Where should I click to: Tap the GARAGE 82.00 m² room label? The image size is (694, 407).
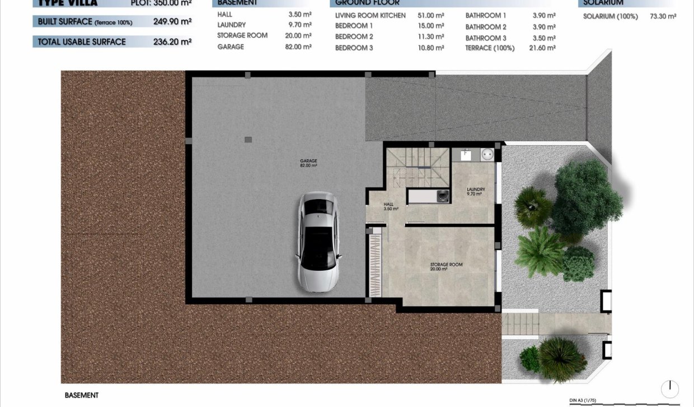308,163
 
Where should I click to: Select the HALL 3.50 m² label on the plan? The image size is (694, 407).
390,206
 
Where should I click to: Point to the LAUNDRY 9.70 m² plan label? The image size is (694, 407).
476,191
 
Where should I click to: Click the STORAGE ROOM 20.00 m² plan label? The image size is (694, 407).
446,266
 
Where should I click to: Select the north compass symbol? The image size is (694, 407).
669,389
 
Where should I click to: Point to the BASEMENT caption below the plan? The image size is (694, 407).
82,395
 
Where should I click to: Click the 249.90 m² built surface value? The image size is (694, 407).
172,22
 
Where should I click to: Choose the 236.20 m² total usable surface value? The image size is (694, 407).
172,41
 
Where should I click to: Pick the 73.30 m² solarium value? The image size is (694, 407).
663,16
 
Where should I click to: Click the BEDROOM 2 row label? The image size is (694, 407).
354,36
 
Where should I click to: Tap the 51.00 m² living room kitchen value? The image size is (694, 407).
431,15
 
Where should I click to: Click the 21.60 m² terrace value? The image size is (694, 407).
544,48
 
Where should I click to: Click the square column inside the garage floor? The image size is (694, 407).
248,140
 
